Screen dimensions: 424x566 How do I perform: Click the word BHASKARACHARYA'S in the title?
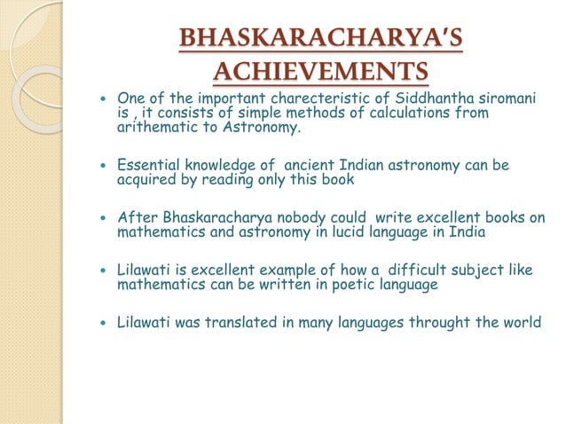click(x=320, y=40)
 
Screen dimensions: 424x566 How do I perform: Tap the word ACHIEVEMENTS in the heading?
click(x=320, y=71)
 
